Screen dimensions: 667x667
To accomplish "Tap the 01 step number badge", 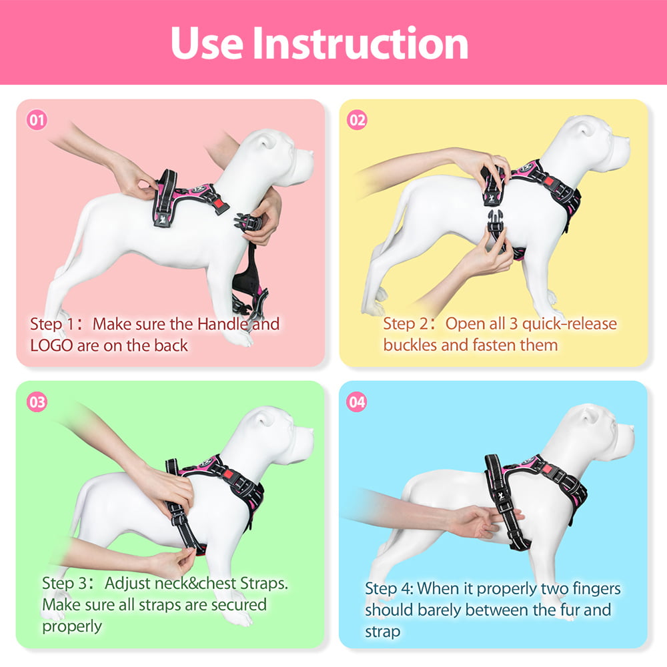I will [37, 121].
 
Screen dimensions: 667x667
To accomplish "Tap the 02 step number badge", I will [358, 121].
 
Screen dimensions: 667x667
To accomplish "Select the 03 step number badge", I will [37, 402].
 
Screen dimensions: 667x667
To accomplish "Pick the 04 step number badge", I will [358, 402].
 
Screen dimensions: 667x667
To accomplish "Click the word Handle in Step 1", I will [223, 325].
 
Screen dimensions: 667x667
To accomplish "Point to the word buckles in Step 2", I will [408, 346].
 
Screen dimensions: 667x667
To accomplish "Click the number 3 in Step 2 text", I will [512, 325].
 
